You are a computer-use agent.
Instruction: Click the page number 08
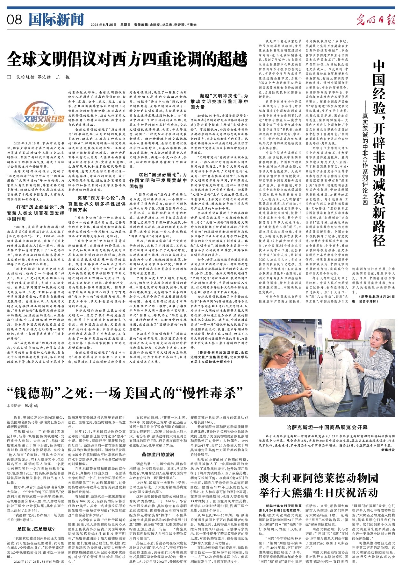[14, 20]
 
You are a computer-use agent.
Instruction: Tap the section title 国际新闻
[56, 20]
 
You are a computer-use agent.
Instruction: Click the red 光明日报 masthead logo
[375, 20]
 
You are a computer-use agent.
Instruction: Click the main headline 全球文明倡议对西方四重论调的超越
[127, 59]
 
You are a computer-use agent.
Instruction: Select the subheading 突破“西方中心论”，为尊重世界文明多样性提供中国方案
[97, 204]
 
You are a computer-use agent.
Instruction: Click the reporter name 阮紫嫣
[31, 406]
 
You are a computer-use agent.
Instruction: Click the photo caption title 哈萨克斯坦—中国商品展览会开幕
[327, 427]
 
